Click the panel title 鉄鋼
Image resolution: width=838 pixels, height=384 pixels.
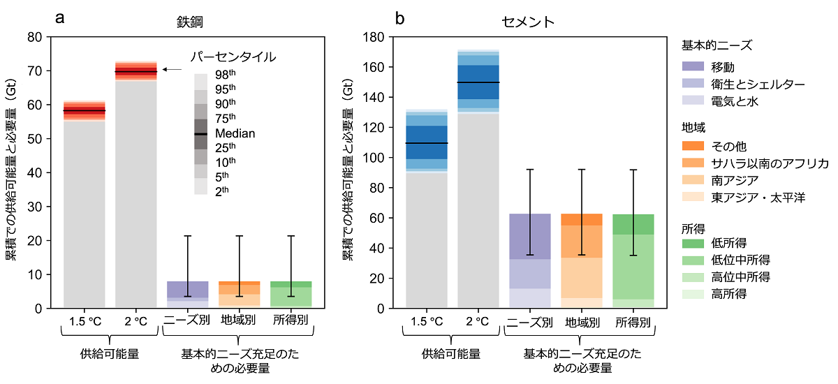(x=187, y=22)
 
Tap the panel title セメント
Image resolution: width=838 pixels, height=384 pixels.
(x=528, y=22)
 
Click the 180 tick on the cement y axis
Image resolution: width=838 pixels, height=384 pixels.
(x=375, y=36)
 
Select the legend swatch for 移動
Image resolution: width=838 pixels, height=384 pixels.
(x=693, y=66)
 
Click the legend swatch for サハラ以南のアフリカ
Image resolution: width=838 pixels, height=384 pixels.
(x=693, y=163)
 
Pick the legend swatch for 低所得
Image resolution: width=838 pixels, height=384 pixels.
(x=693, y=243)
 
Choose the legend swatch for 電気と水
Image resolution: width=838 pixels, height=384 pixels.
(x=693, y=101)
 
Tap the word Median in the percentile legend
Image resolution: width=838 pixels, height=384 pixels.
(x=235, y=133)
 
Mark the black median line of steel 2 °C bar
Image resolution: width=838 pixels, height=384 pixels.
(x=136, y=72)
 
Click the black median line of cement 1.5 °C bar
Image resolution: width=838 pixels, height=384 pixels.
(x=427, y=143)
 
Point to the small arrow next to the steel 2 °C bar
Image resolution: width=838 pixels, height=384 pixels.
(x=172, y=69)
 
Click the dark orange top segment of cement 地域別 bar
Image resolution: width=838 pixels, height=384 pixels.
(x=582, y=219)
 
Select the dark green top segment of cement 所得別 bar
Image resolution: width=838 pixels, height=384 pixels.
(x=633, y=224)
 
